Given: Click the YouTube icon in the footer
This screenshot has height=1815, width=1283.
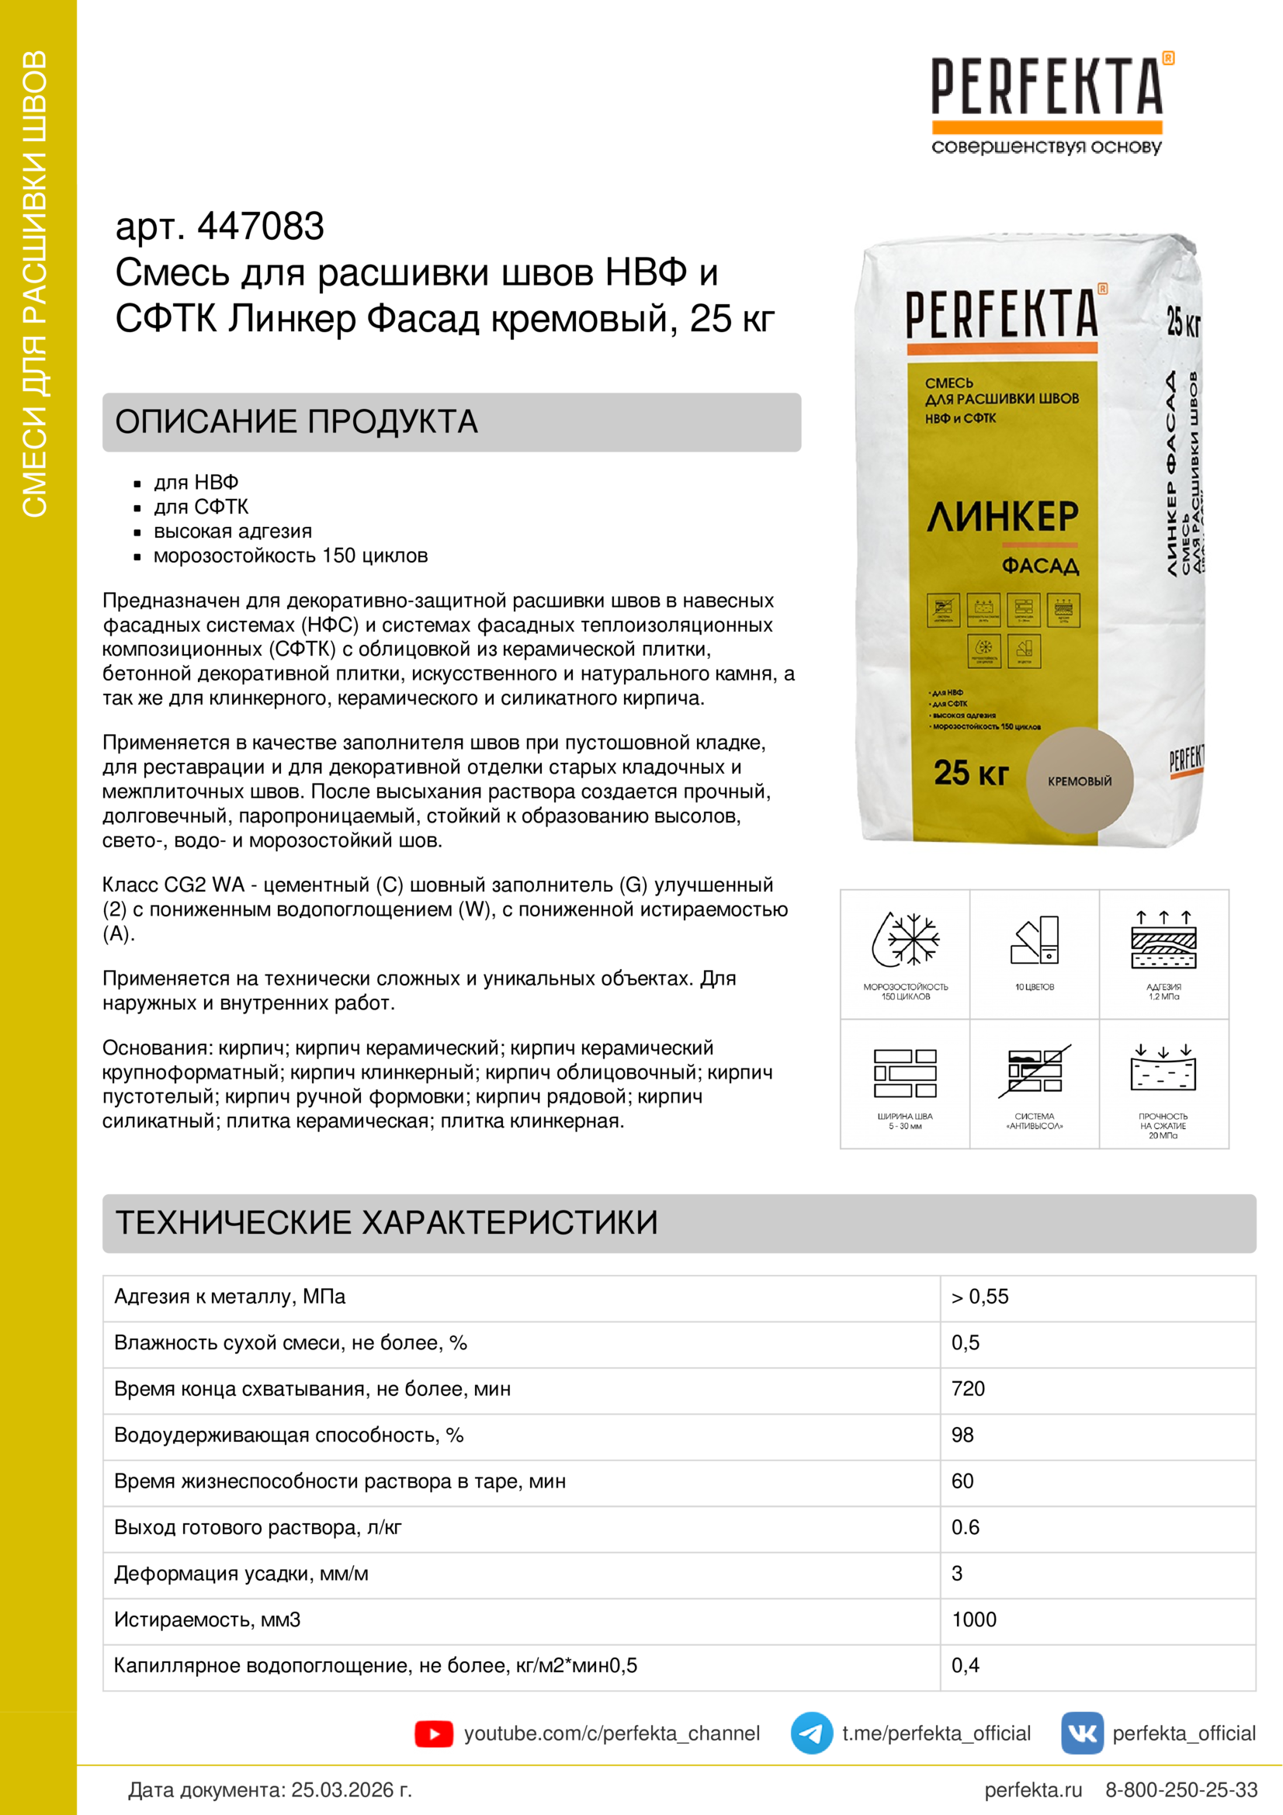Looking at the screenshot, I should click(x=433, y=1734).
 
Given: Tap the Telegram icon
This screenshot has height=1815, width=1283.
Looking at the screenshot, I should click(x=811, y=1733).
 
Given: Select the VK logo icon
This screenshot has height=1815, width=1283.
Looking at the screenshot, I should click(x=1081, y=1733).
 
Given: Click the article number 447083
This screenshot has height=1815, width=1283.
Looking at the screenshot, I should click(x=260, y=227).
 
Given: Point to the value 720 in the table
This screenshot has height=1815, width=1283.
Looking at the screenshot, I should click(x=969, y=1389).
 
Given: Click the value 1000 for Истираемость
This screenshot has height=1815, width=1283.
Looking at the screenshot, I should click(x=974, y=1619).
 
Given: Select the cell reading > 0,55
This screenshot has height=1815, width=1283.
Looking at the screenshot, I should click(x=980, y=1297).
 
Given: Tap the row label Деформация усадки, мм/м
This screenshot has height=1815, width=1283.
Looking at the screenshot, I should click(x=241, y=1573).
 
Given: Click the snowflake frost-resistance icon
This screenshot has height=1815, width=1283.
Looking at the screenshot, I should click(x=905, y=940).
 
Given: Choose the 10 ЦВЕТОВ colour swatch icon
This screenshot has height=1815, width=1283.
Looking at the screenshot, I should click(x=1034, y=940).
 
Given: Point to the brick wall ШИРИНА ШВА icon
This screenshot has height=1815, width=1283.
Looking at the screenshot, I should click(x=905, y=1073).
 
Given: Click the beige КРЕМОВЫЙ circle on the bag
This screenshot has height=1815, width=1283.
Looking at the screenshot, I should click(x=1079, y=780).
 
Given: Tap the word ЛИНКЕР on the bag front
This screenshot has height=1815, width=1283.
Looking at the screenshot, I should click(x=1002, y=517).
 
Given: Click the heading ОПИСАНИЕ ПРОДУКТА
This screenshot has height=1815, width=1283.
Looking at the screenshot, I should click(x=296, y=422).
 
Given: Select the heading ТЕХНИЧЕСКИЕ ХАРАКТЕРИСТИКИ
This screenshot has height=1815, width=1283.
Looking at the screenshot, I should click(x=387, y=1223).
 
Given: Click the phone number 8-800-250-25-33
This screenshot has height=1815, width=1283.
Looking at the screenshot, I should click(x=1181, y=1790).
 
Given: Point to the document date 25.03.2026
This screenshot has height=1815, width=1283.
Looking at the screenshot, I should click(x=351, y=1790).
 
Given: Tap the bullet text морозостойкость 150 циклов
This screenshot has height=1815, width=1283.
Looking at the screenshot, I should click(x=290, y=556).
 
